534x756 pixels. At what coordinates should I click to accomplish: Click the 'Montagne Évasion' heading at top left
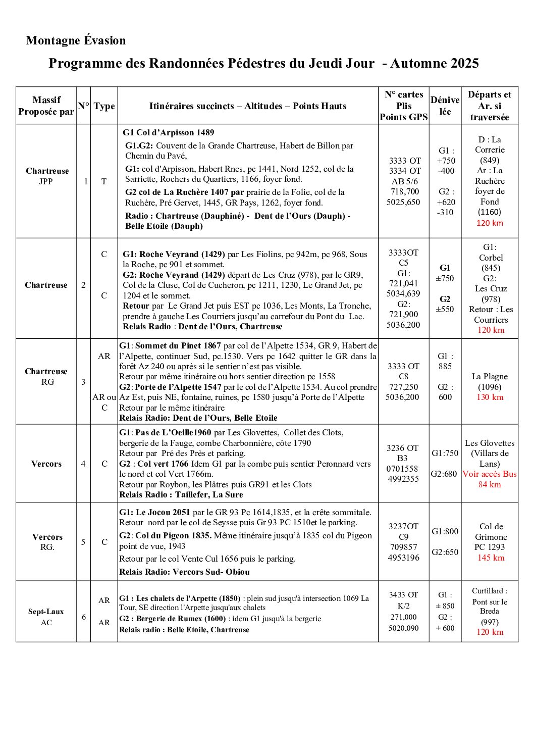tap(76, 40)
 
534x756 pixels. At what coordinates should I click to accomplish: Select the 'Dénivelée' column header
tap(445, 106)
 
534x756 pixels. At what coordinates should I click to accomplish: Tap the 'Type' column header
tap(104, 106)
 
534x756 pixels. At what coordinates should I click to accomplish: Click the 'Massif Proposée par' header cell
tap(46, 106)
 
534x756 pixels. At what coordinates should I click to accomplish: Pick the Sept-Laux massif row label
tap(46, 612)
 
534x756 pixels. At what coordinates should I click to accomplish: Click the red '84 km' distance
tap(490, 484)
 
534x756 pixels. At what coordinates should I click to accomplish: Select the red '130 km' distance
tap(490, 397)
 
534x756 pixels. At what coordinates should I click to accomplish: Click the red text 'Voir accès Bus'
tap(490, 474)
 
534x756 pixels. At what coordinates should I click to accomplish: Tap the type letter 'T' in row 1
tap(104, 181)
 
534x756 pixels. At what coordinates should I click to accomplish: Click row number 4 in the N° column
tap(83, 464)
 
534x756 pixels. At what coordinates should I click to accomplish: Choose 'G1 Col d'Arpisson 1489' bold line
tap(169, 133)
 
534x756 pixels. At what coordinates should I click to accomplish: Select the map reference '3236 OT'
tap(402, 448)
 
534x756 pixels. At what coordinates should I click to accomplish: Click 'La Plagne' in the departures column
tap(490, 376)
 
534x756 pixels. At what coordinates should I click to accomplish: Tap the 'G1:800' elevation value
tap(445, 531)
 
